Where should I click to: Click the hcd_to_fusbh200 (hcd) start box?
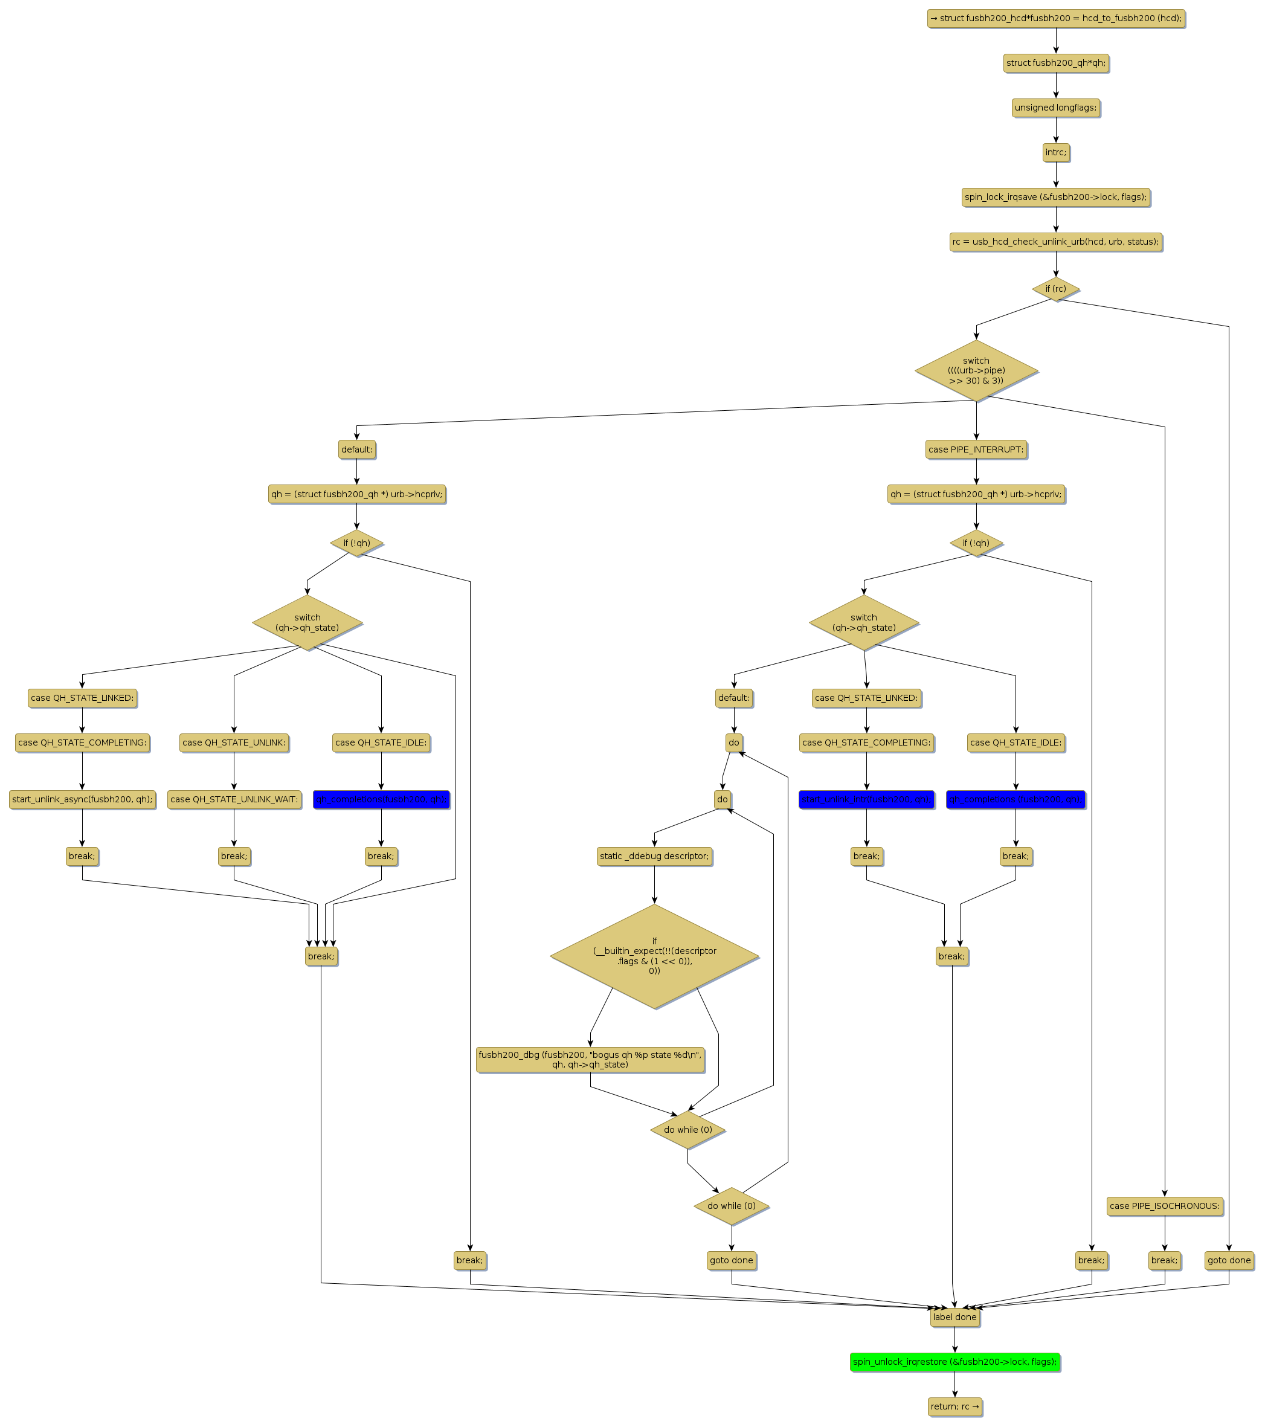point(1055,18)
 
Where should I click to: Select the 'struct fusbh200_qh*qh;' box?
point(1055,63)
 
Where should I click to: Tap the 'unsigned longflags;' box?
point(1055,108)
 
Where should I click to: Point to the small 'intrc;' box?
point(1055,152)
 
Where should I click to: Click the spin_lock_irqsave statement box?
point(1055,197)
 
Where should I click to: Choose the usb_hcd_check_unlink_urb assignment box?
point(1055,242)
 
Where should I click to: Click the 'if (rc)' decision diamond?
point(1055,288)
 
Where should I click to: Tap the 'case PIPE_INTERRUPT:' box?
point(976,449)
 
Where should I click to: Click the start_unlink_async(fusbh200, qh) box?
point(82,799)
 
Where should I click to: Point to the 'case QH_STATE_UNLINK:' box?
point(234,743)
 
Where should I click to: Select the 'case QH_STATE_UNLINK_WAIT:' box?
point(234,799)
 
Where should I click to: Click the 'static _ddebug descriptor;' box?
point(654,856)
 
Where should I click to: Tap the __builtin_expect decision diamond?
point(654,956)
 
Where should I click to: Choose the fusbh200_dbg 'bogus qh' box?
point(590,1059)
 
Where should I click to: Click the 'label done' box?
point(954,1316)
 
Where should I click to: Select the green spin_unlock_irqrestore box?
point(954,1361)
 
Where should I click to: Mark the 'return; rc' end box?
point(954,1406)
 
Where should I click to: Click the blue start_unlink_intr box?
point(866,799)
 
